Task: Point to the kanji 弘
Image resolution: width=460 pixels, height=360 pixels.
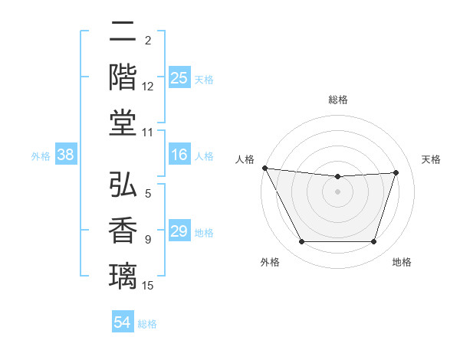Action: pyautogui.click(x=123, y=185)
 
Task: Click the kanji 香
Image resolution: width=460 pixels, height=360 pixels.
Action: pyautogui.click(x=123, y=230)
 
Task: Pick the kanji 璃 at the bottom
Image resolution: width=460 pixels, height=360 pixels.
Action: pyautogui.click(x=123, y=274)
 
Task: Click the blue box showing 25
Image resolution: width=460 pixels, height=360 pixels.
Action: pyautogui.click(x=179, y=77)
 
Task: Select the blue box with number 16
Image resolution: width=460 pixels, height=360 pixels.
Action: pyautogui.click(x=179, y=155)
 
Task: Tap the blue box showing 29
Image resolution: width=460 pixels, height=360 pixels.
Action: pyautogui.click(x=179, y=231)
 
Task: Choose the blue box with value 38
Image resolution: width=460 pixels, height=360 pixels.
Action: pyautogui.click(x=66, y=155)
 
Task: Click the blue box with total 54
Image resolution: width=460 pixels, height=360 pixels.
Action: pyautogui.click(x=123, y=322)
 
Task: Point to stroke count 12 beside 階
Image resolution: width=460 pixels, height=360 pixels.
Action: pyautogui.click(x=148, y=87)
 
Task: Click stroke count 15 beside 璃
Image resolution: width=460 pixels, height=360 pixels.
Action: pyautogui.click(x=148, y=286)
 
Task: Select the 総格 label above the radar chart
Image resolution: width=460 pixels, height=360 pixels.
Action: pyautogui.click(x=337, y=100)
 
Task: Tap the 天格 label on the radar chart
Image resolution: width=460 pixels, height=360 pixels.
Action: pyautogui.click(x=432, y=159)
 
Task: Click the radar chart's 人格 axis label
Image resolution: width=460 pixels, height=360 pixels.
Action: pyautogui.click(x=245, y=159)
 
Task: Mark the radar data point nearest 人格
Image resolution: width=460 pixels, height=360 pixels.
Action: pyautogui.click(x=264, y=168)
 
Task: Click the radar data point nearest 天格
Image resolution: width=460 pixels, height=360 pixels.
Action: pyautogui.click(x=396, y=173)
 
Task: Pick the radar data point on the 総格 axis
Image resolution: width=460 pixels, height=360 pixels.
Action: pyautogui.click(x=337, y=177)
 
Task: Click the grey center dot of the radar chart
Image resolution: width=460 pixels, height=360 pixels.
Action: pyautogui.click(x=337, y=191)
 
